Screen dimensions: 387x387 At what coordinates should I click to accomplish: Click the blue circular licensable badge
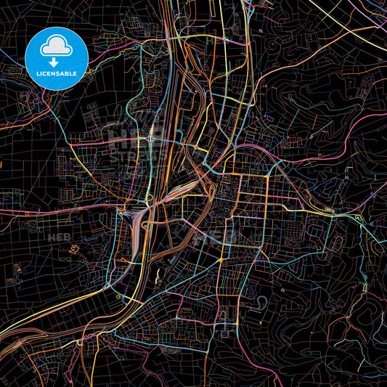coord(57,58)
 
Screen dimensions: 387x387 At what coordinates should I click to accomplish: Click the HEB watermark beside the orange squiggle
coord(56,237)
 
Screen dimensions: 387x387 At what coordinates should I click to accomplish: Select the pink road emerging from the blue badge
coord(44,102)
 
